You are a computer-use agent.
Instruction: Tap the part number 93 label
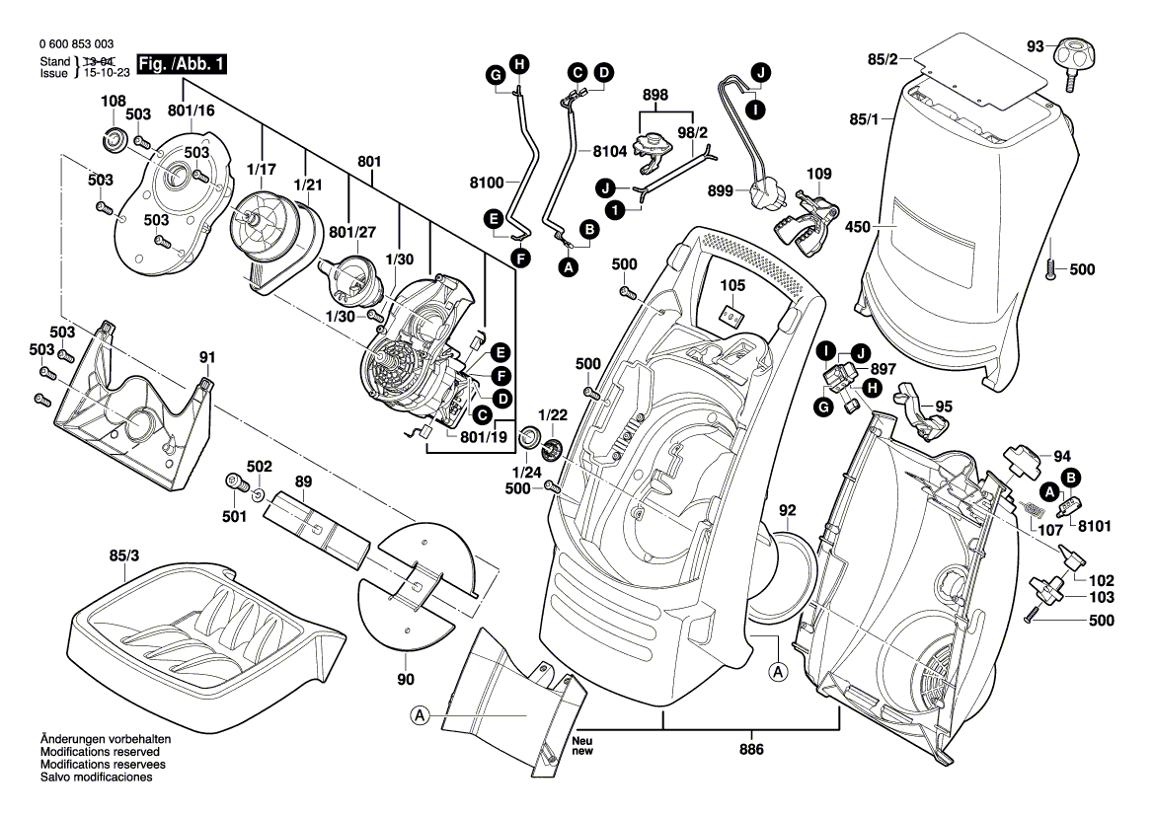click(1035, 45)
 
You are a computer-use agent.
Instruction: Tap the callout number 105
click(731, 286)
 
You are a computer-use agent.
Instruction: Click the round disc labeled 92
click(783, 575)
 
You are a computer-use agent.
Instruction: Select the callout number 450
click(859, 227)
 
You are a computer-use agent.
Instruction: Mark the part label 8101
click(1095, 526)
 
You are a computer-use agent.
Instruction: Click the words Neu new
click(583, 746)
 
